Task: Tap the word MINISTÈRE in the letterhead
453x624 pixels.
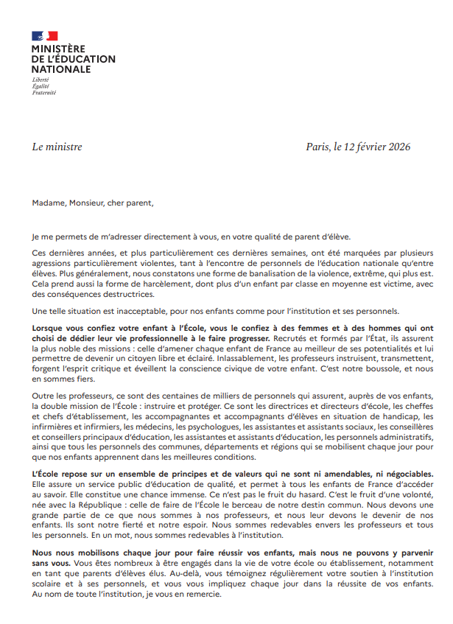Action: [x=58, y=49]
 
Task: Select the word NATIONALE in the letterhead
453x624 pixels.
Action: [x=61, y=69]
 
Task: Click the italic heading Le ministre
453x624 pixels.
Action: [x=57, y=147]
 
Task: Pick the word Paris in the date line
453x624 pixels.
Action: [x=318, y=147]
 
